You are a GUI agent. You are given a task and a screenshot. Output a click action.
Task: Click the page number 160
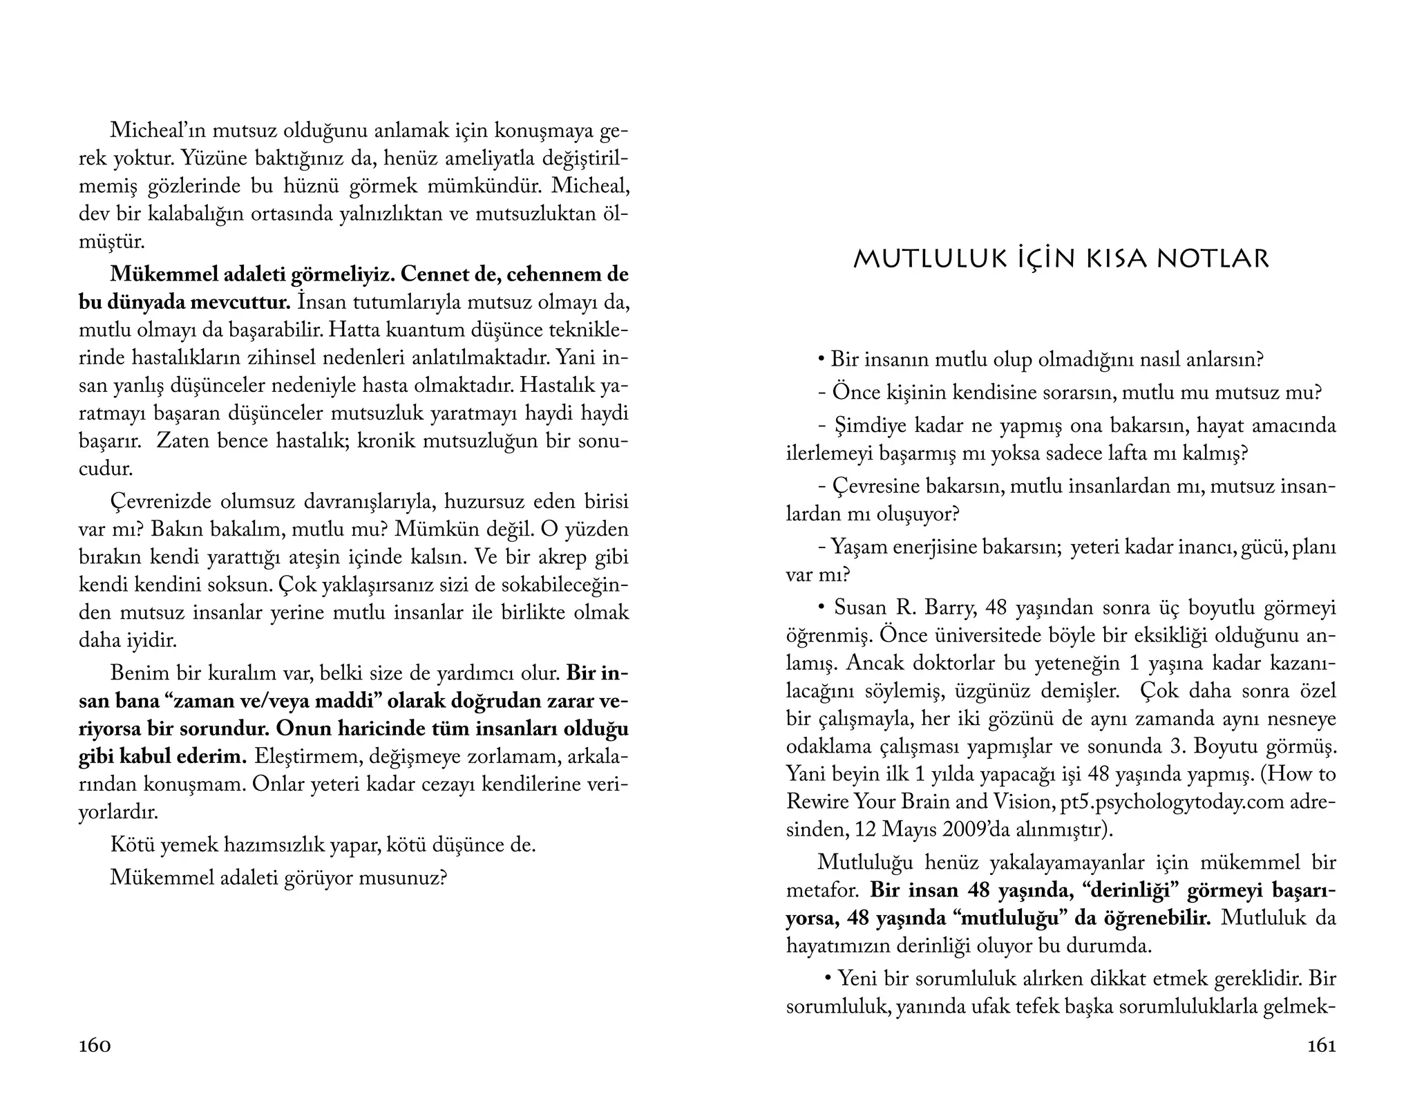point(95,1046)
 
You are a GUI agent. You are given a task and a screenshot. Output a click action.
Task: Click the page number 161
point(1322,1046)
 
